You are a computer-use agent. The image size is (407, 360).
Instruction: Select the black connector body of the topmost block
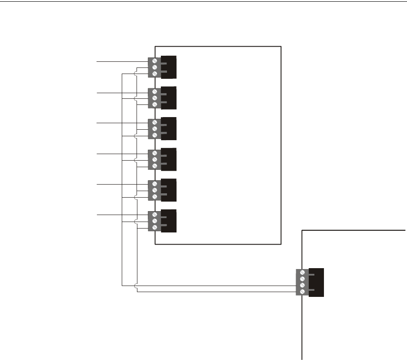pos(169,67)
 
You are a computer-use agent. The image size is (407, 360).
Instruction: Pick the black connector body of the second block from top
pos(169,98)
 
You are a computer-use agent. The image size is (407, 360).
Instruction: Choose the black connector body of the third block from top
pos(169,128)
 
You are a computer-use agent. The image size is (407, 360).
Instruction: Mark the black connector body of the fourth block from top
pos(169,159)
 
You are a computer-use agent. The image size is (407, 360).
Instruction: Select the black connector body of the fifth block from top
pos(169,190)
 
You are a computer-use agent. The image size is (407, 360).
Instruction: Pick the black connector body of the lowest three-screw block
pos(169,221)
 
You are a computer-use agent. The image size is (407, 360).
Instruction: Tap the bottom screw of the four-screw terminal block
pos(302,292)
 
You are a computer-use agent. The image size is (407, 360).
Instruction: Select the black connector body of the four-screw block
pos(317,283)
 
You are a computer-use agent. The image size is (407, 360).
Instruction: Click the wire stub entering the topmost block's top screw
pos(122,62)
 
